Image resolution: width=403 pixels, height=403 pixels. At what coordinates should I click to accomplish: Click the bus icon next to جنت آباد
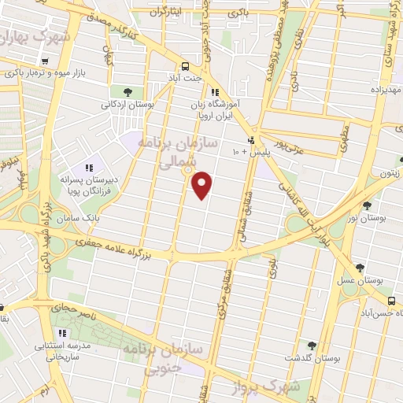(x=186, y=67)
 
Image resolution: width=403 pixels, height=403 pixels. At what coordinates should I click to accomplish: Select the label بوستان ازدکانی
(x=128, y=104)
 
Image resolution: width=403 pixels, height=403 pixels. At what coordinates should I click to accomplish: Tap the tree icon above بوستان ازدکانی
(x=128, y=92)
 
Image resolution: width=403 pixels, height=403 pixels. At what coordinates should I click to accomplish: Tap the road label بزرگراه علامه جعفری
(x=121, y=250)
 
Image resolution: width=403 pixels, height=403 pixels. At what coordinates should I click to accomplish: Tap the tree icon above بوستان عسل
(x=360, y=268)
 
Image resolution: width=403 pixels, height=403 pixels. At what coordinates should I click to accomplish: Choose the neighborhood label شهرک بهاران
(x=36, y=37)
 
